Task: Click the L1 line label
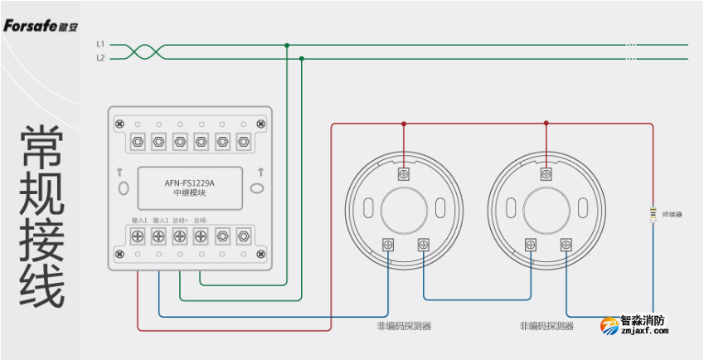point(100,43)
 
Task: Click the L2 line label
point(100,58)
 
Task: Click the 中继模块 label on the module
point(188,193)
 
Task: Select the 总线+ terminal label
point(180,221)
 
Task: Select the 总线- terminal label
point(201,221)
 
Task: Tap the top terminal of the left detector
point(404,174)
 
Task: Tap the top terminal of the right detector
point(546,174)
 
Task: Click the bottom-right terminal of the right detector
point(566,244)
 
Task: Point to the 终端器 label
point(672,214)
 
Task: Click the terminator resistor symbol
point(653,214)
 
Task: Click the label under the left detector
point(404,326)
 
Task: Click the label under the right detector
point(546,326)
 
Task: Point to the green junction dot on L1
point(287,45)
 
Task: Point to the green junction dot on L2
point(301,59)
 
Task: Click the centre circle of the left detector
point(404,209)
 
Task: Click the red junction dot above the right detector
point(546,124)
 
